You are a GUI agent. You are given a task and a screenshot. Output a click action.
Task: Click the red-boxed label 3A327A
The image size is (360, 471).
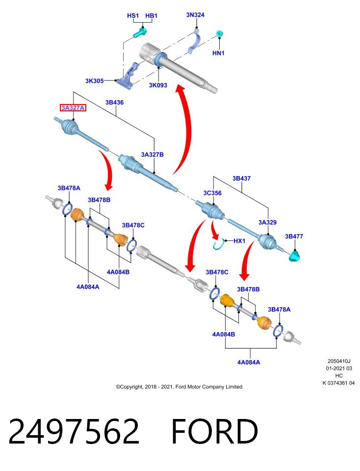tap(73, 107)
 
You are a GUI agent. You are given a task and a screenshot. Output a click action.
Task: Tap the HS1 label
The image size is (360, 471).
tap(133, 15)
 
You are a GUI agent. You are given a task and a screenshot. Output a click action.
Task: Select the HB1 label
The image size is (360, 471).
tap(152, 15)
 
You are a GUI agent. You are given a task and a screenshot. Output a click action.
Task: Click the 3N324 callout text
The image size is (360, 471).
tap(195, 15)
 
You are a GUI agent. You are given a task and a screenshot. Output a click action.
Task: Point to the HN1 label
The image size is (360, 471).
tap(218, 53)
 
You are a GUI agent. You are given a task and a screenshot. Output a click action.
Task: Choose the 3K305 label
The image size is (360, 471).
tap(94, 81)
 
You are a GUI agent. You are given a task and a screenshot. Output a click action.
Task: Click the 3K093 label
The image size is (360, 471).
tap(158, 85)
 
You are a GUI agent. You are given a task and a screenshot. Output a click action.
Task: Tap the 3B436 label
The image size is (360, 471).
tap(114, 102)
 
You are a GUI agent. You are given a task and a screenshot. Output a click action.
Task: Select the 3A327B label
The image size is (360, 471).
tap(152, 155)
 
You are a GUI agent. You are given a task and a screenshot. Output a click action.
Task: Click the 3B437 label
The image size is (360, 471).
tap(241, 178)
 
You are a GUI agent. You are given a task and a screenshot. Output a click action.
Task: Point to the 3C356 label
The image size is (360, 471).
tap(212, 193)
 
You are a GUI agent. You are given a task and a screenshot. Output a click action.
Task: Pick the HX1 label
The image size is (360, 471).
tap(239, 241)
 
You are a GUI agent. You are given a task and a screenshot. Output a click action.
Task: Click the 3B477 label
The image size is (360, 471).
tap(294, 236)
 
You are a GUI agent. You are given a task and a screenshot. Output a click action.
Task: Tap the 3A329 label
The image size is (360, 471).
tap(267, 222)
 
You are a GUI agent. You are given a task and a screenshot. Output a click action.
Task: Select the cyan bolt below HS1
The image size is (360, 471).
tap(140, 32)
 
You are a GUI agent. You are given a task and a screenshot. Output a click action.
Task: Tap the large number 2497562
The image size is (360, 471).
tap(74, 431)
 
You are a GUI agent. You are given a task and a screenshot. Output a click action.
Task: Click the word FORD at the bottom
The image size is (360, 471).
tap(214, 431)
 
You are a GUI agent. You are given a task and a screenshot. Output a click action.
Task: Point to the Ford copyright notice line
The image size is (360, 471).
tap(179, 387)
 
